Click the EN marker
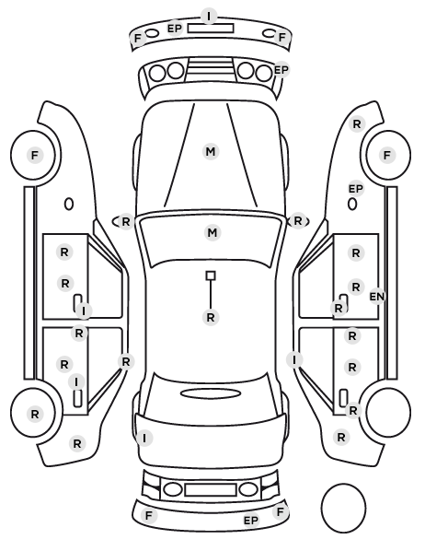coord(377,297)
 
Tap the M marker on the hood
coord(211,152)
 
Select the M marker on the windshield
coord(212,232)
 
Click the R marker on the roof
coord(211,318)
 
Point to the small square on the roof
coord(211,275)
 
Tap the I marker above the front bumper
coord(210,17)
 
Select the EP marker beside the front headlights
coord(281,70)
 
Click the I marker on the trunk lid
coord(144,439)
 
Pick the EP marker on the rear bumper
coord(250,521)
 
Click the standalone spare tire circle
coord(343,508)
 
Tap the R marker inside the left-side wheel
coord(34,415)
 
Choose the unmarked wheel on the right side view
coord(388,412)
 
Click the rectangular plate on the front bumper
coord(211,29)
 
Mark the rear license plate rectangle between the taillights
coord(211,489)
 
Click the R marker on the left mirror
coord(126,222)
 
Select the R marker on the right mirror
coord(298,221)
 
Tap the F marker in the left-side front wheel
coord(34,155)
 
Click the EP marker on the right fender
coord(355,189)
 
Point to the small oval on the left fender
coord(69,204)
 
